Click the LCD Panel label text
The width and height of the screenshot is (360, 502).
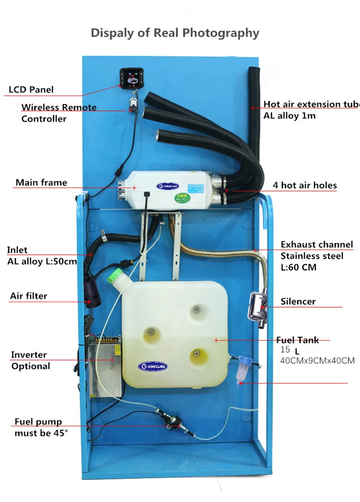pos(31,90)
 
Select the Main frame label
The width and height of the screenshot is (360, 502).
pos(41,182)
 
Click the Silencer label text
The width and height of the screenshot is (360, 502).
pos(298,301)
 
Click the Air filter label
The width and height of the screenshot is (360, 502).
pos(28,296)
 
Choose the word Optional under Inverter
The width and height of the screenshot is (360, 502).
pos(31,366)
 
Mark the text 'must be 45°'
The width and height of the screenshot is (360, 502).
pos(41,432)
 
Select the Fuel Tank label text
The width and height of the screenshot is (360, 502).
pos(297,340)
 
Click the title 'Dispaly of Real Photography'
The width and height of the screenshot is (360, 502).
pos(175,33)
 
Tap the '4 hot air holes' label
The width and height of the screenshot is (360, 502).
pos(305,185)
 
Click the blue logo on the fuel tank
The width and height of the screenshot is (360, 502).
pos(154,366)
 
